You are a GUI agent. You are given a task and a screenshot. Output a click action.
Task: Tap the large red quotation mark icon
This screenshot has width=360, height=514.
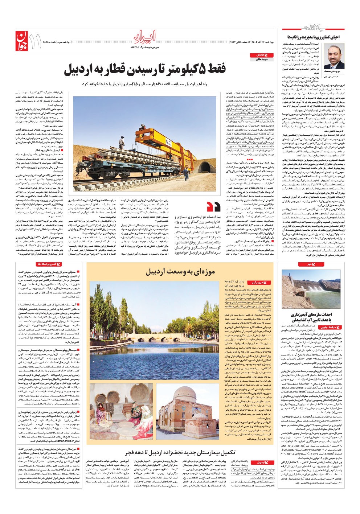[214, 206]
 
